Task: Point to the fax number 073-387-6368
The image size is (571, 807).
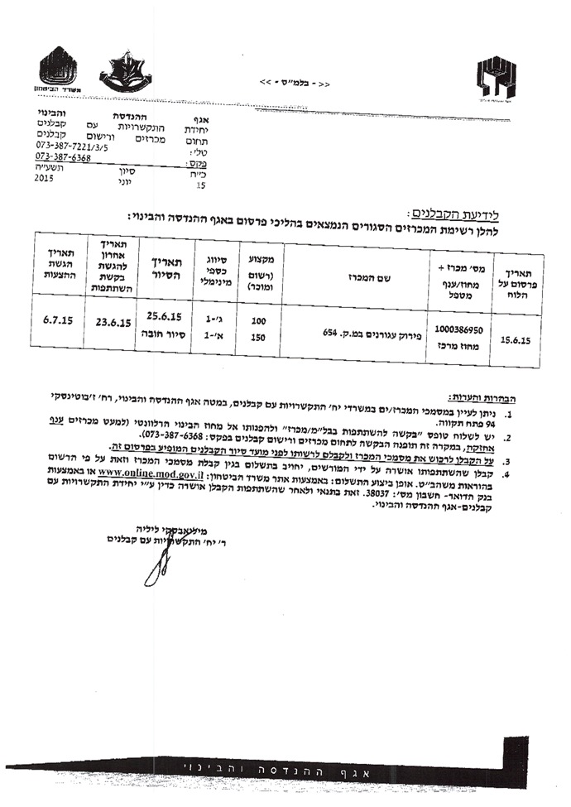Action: [x=63, y=156]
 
